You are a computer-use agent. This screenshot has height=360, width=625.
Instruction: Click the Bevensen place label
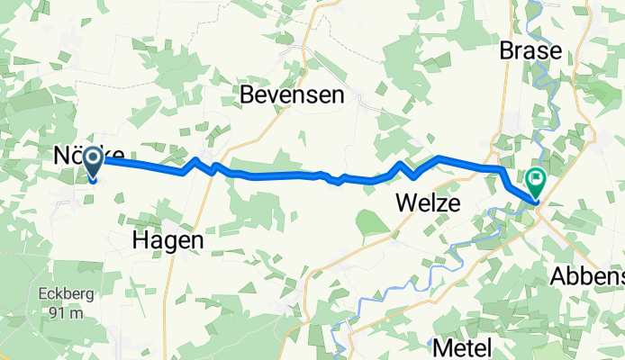pos(291,95)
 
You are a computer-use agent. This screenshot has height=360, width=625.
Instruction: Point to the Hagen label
pos(168,240)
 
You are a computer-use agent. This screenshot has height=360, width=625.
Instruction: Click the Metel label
pos(466,346)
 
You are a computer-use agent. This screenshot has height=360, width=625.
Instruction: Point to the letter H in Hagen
pos(140,240)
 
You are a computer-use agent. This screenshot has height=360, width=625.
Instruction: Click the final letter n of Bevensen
pos(337,95)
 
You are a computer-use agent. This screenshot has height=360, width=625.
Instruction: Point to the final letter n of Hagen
pos(196,240)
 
